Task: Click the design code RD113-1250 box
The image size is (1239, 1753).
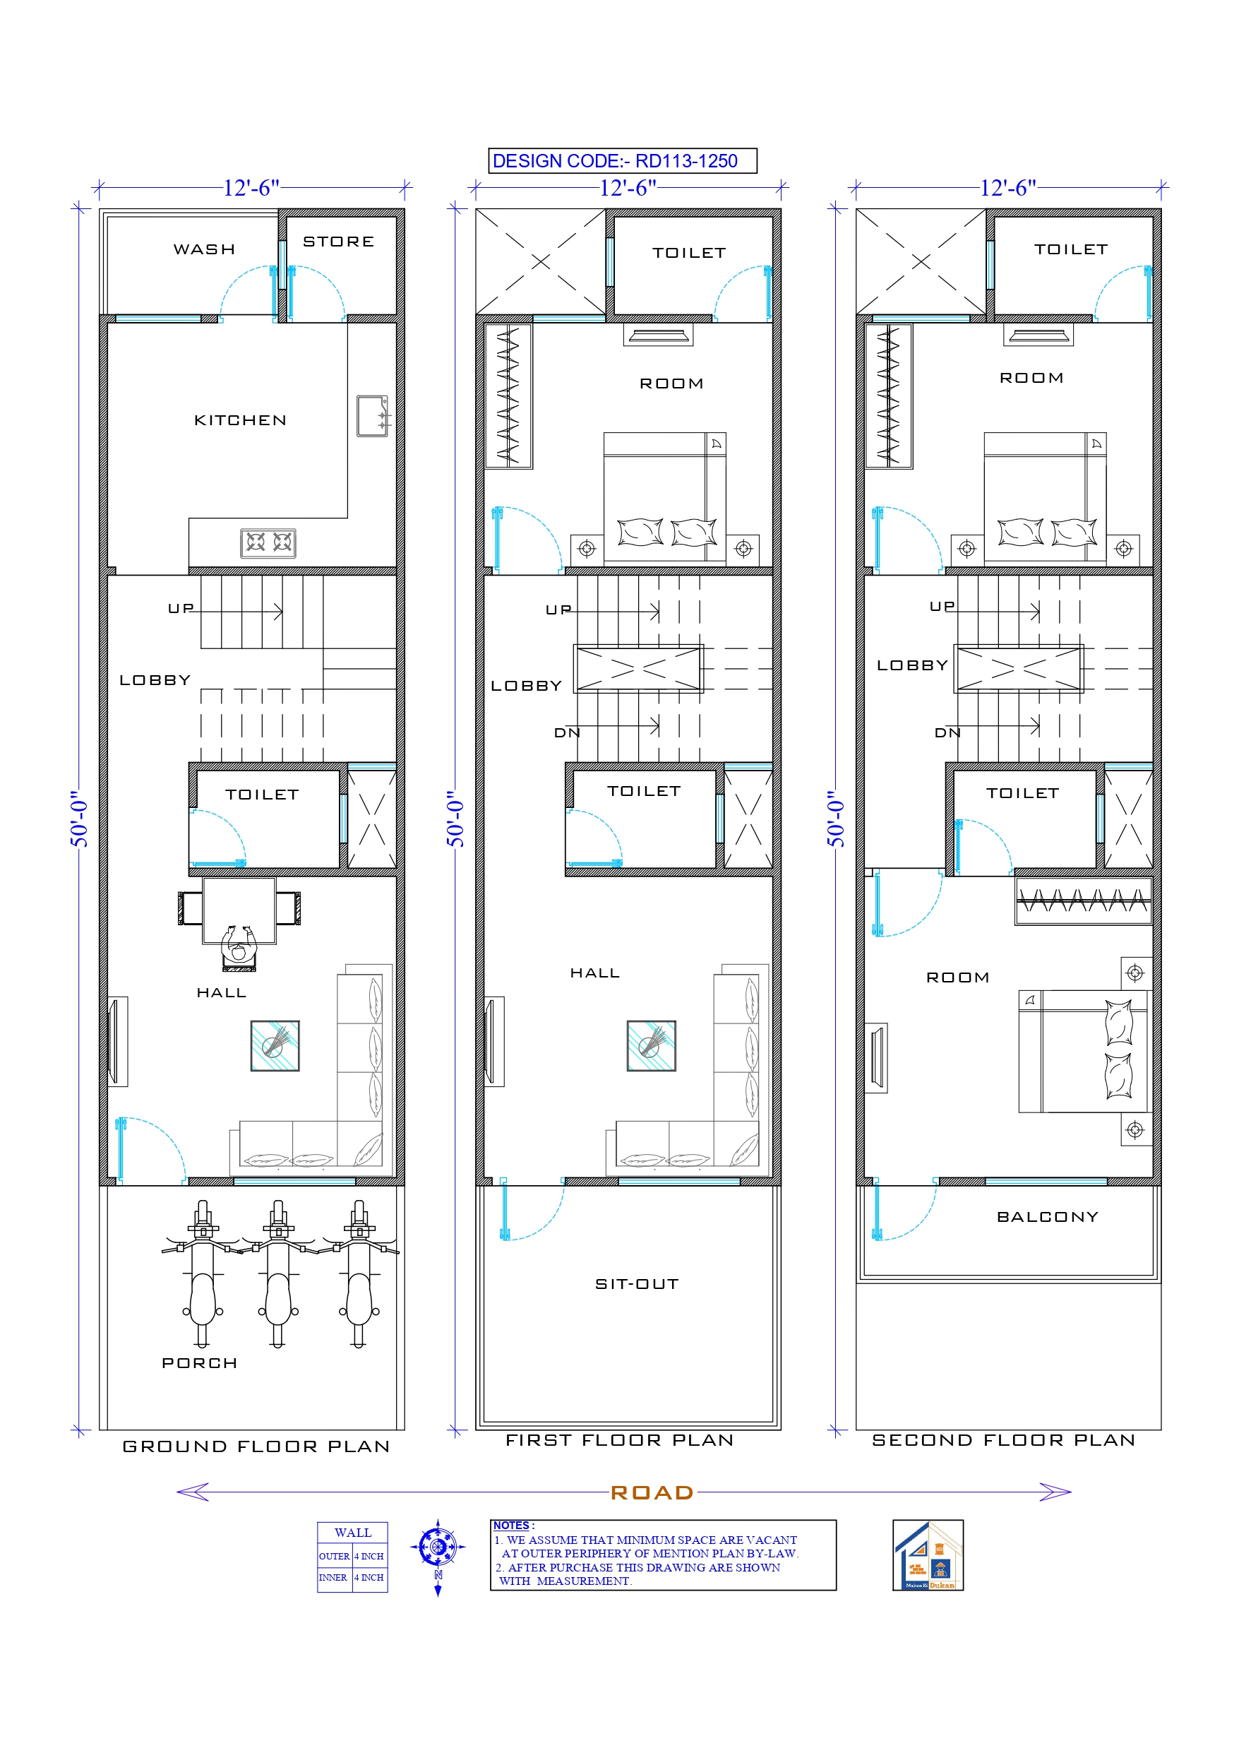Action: coord(621,161)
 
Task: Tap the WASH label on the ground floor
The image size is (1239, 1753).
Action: coord(204,249)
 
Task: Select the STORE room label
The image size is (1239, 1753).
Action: coord(338,242)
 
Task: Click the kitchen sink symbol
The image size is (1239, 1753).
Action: coord(373,416)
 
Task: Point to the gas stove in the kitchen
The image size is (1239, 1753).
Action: coord(268,543)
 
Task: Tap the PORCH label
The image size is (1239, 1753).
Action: coord(199,1363)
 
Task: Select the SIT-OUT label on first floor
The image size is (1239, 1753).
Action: coord(637,1284)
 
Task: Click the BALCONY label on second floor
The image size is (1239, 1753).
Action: coord(1048,1217)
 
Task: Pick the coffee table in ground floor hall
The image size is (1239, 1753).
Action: coord(275,1045)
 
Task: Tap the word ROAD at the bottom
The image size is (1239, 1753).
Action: coord(652,1492)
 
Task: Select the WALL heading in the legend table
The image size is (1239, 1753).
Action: coord(353,1533)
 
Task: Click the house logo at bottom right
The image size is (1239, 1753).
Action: coord(928,1555)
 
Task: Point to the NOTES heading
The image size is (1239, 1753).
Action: coord(510,1526)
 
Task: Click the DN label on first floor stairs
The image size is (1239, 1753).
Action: coord(566,733)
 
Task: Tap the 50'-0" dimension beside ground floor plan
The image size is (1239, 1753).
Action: coord(79,819)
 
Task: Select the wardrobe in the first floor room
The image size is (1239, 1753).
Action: coord(508,396)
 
